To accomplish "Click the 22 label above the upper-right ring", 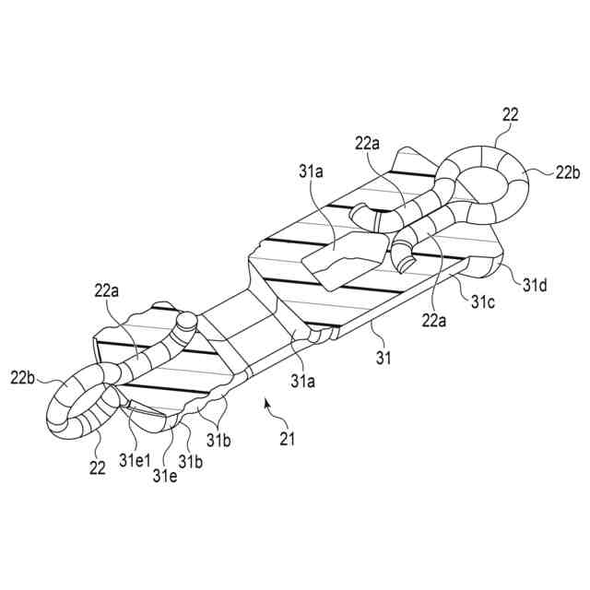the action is [511, 115].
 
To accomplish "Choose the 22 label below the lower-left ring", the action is [98, 468].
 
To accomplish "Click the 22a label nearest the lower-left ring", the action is [108, 291].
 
